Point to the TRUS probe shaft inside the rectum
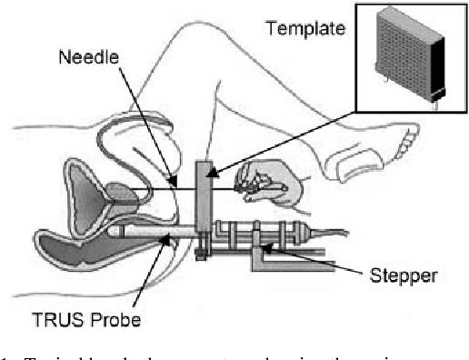click(145, 238)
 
